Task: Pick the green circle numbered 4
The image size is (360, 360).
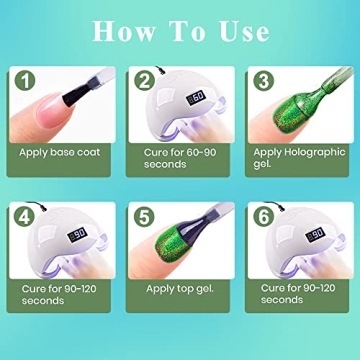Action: [26, 215]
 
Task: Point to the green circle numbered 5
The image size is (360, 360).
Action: [146, 215]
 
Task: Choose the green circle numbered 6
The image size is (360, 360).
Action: [264, 215]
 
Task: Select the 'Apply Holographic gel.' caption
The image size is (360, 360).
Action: [299, 158]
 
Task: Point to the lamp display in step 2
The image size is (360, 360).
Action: [198, 97]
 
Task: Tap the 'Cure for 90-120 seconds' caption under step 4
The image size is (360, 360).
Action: [60, 292]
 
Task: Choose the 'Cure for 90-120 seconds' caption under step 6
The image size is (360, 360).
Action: [297, 292]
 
